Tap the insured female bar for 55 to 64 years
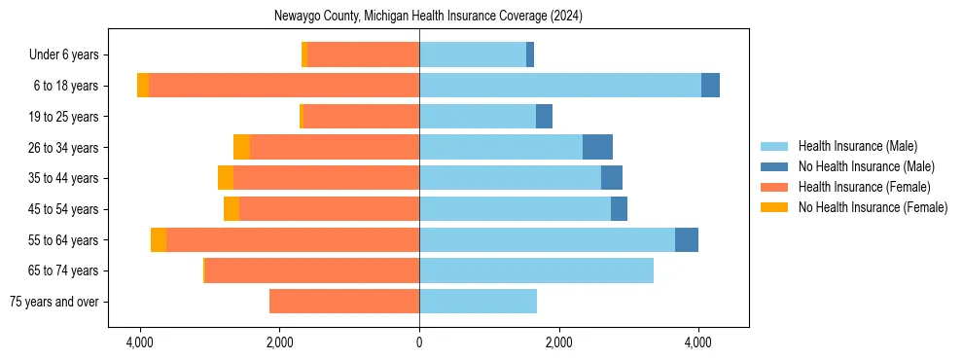tap(292, 240)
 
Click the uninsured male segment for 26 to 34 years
tap(597, 147)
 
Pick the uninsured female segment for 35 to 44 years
tap(226, 178)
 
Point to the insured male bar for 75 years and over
tap(478, 302)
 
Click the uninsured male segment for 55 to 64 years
tap(687, 240)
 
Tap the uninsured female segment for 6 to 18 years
tap(143, 86)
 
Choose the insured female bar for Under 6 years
tap(363, 54)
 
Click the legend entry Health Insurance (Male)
tap(857, 146)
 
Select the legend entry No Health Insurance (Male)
tap(866, 166)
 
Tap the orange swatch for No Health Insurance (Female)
tap(775, 207)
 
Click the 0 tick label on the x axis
tap(419, 342)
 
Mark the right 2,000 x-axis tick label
tap(558, 342)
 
